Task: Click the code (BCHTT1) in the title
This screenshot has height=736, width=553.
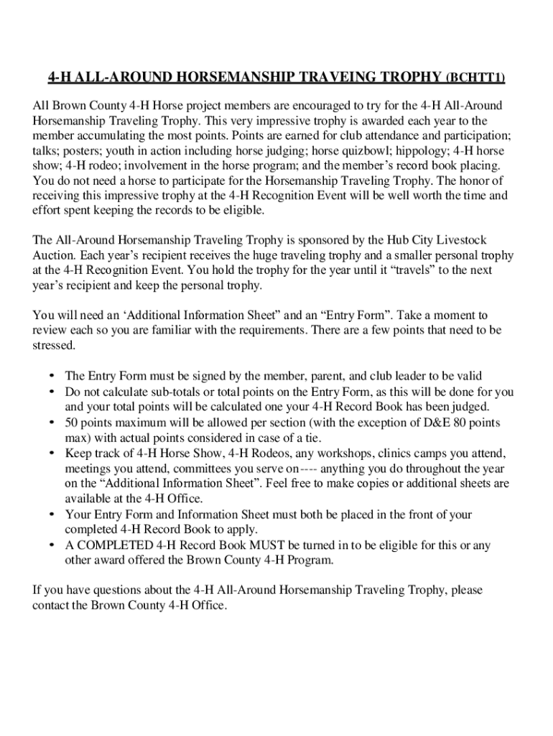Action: (x=475, y=78)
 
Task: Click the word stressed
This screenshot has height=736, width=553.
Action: (x=53, y=346)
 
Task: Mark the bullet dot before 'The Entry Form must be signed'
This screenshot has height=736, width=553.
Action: (x=52, y=376)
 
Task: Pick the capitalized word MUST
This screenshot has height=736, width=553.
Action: (x=279, y=546)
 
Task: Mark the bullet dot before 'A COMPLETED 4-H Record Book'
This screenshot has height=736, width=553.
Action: (x=52, y=546)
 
